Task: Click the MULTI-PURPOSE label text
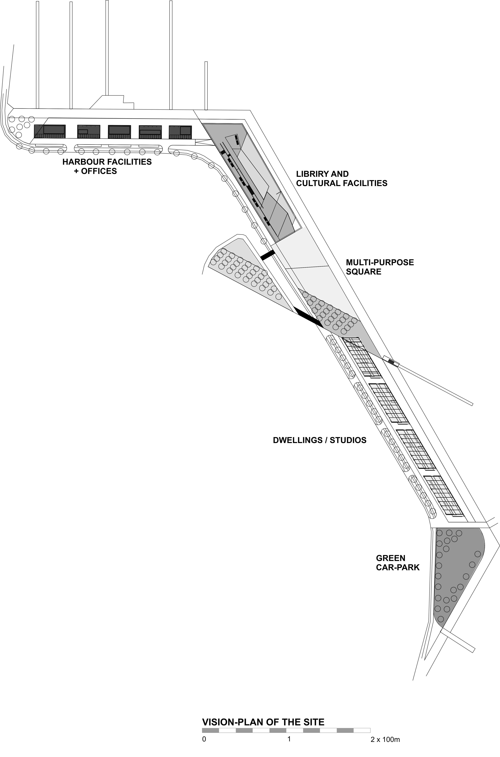[x=380, y=263]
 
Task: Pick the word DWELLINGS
[x=298, y=440]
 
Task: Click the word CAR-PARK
[x=398, y=567]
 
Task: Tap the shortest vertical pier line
[x=206, y=85]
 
